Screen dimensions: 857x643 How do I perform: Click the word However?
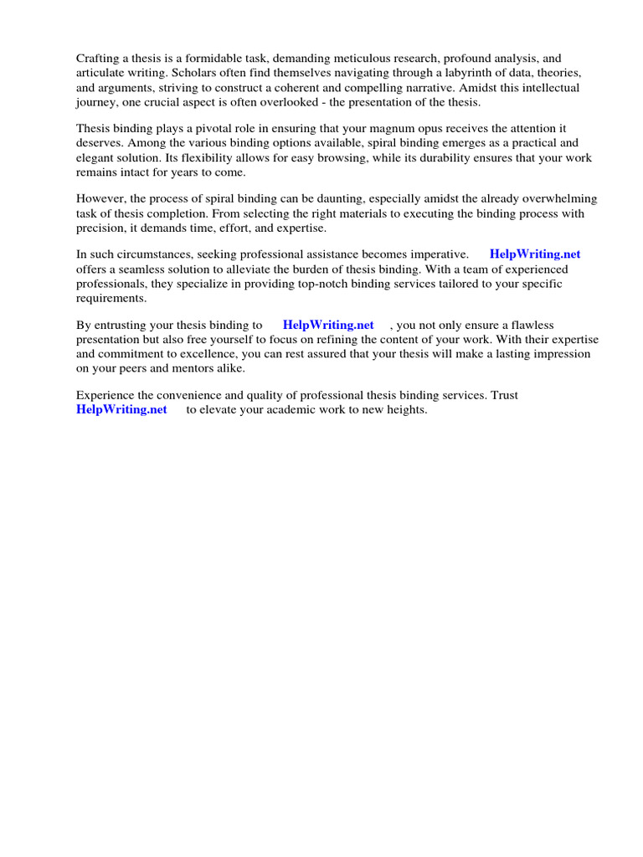[100, 199]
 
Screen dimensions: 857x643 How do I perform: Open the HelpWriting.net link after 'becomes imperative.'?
[535, 254]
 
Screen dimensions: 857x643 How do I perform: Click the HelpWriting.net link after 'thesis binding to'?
[328, 325]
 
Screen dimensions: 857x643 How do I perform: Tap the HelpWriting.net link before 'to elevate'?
[121, 409]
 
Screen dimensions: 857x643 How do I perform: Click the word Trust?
[504, 395]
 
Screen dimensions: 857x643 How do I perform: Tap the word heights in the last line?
[407, 409]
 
